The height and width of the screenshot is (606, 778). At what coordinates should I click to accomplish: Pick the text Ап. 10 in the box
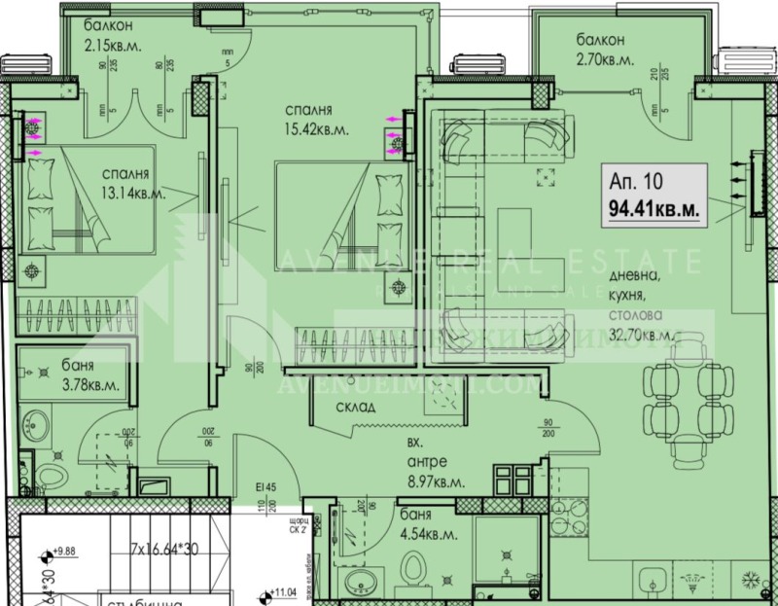(x=635, y=182)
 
